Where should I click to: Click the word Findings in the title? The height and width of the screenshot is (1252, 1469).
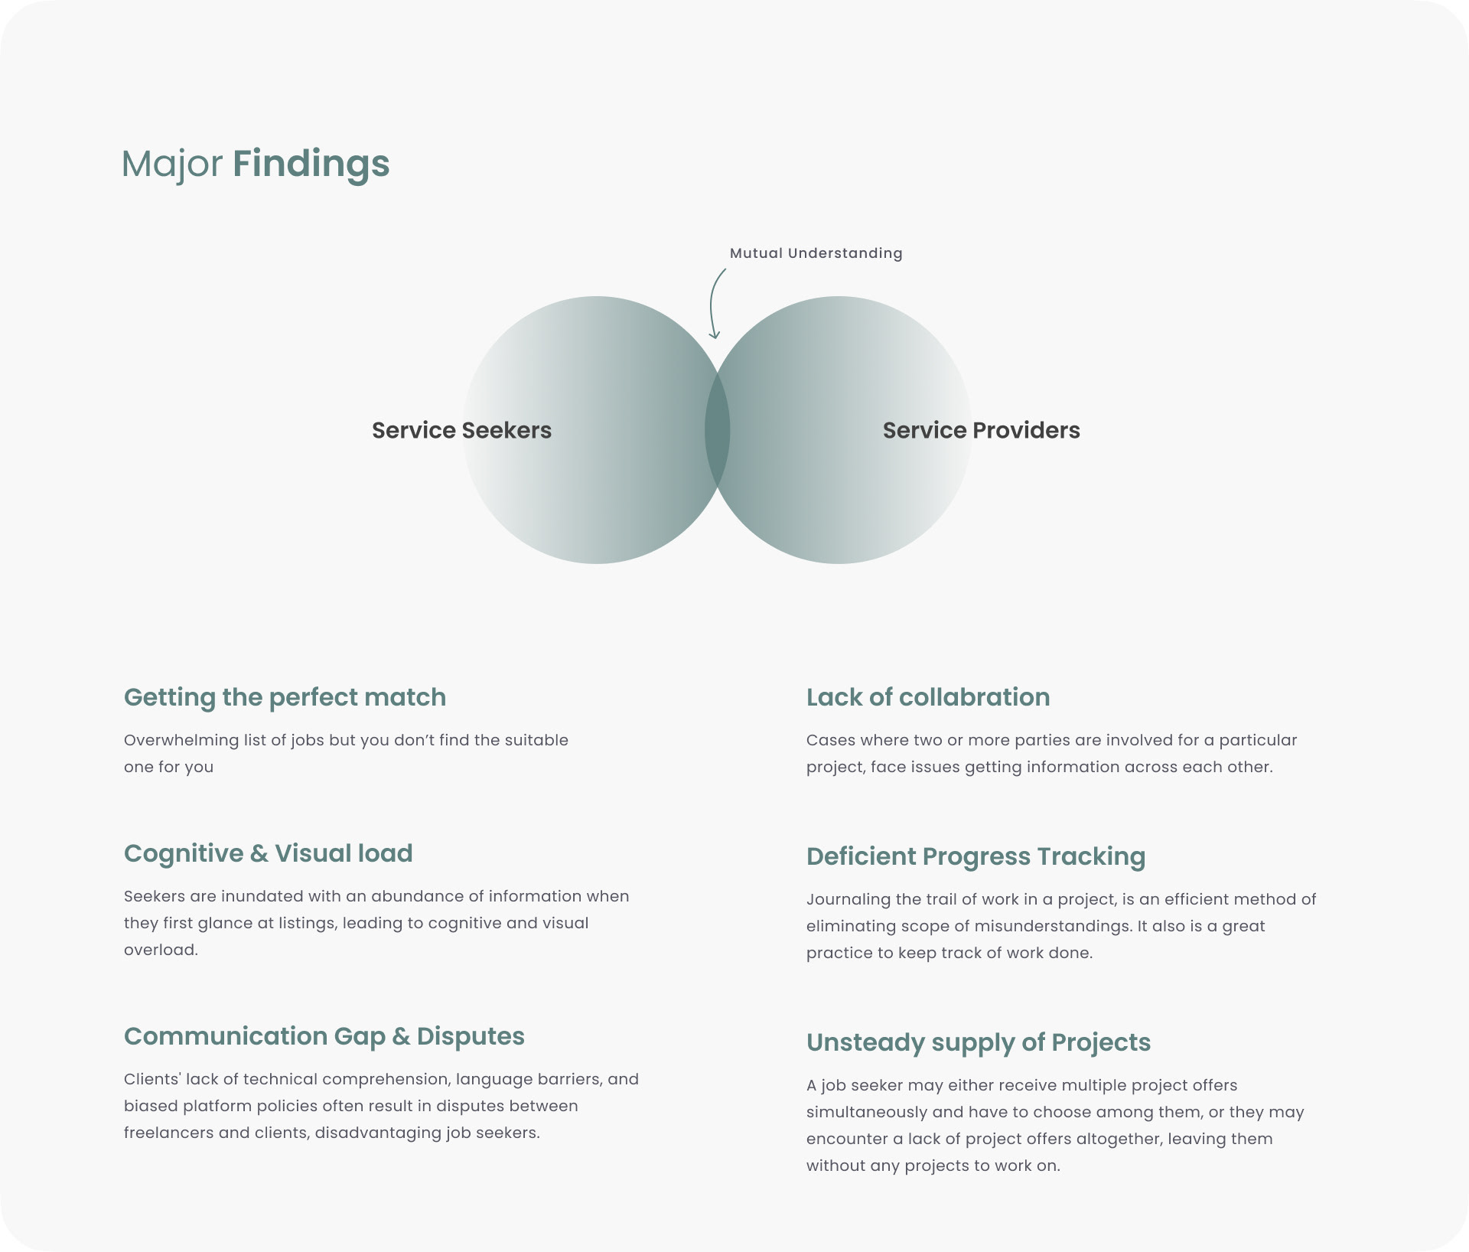[311, 164]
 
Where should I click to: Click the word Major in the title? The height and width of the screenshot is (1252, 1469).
[172, 164]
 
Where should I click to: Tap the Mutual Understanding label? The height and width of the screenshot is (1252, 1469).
[816, 253]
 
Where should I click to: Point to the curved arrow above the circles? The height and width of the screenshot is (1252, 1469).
[714, 303]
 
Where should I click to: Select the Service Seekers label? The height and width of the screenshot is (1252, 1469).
[461, 430]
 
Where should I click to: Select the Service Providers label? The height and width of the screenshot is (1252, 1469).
[981, 430]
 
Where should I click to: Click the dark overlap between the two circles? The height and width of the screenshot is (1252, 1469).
[717, 430]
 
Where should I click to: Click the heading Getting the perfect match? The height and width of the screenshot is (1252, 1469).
[285, 697]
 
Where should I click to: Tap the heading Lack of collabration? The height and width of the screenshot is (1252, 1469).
[927, 697]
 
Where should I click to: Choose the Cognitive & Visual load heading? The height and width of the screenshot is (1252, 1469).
[268, 853]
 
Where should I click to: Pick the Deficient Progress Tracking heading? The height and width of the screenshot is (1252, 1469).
[976, 856]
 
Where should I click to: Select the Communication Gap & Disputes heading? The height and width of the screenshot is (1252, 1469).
[324, 1036]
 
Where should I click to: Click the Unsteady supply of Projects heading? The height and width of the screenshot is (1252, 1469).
[978, 1042]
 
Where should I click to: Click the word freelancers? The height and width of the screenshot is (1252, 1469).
[168, 1133]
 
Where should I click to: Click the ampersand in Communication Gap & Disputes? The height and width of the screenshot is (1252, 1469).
[401, 1036]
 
